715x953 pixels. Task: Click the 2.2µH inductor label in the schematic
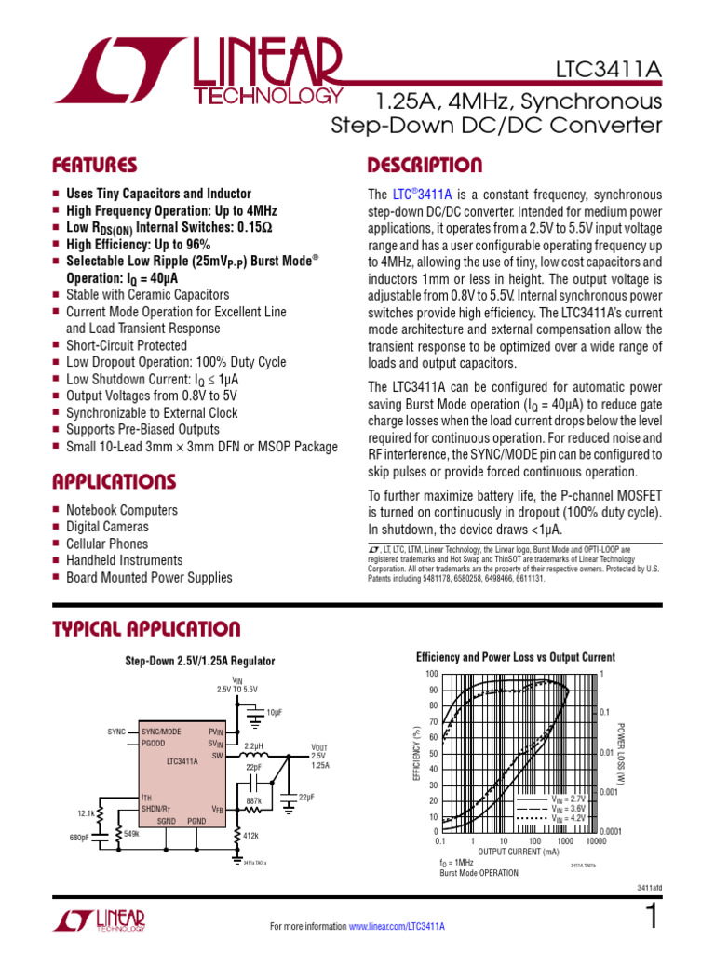pyautogui.click(x=254, y=746)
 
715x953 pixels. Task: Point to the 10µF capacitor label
pyautogui.click(x=274, y=712)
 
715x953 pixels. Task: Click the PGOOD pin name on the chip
pyautogui.click(x=154, y=743)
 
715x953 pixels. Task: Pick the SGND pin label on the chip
pyautogui.click(x=168, y=821)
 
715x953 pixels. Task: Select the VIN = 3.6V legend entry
pyautogui.click(x=568, y=809)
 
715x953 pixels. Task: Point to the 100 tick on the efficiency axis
pyautogui.click(x=431, y=674)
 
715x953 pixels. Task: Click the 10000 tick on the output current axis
pyautogui.click(x=597, y=840)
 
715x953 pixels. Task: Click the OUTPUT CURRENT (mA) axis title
pyautogui.click(x=519, y=852)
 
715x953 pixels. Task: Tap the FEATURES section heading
pyautogui.click(x=95, y=166)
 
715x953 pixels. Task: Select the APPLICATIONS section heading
pyautogui.click(x=114, y=482)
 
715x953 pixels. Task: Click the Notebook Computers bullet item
pyautogui.click(x=121, y=510)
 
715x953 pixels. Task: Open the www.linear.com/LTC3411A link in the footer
pyautogui.click(x=397, y=927)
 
